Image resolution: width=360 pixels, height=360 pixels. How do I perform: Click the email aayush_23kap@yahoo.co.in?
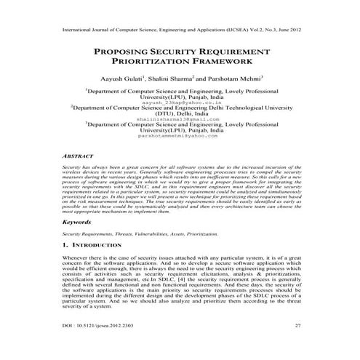pos(180,103)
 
